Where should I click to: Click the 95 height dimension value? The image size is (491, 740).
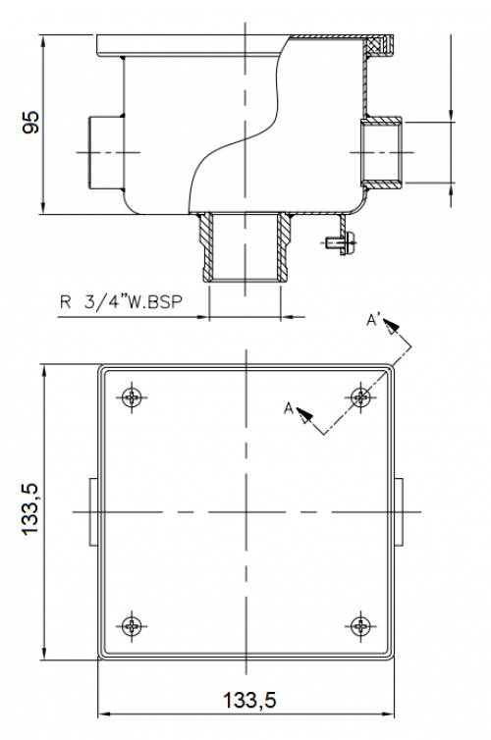31,123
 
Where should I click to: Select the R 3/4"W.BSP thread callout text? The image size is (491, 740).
121,301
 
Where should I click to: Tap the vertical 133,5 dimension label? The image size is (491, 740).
30,509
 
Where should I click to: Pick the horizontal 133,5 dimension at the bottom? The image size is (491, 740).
249,700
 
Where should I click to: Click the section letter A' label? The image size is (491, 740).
374,321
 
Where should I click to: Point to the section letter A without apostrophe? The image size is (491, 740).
289,408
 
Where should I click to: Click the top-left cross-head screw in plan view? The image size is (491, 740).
132,396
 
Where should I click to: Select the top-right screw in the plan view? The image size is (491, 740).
360,396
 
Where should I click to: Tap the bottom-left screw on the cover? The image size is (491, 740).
132,626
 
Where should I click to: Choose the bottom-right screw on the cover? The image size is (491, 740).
360,626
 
